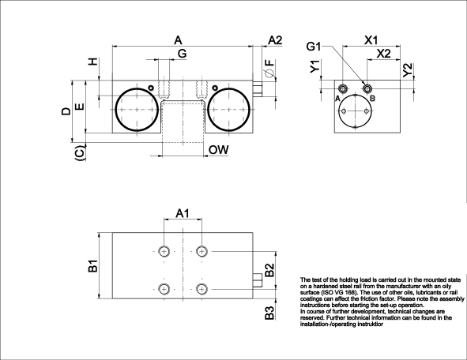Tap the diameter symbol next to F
pyautogui.click(x=269, y=73)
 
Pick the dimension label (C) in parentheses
pyautogui.click(x=80, y=154)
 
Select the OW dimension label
pyautogui.click(x=218, y=149)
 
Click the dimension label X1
pyautogui.click(x=371, y=39)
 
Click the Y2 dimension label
pyautogui.click(x=406, y=69)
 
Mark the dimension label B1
pyautogui.click(x=92, y=267)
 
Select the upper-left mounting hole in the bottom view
pyautogui.click(x=164, y=251)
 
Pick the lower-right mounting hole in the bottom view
pyautogui.click(x=202, y=290)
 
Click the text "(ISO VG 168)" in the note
pyautogui.click(x=345, y=293)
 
